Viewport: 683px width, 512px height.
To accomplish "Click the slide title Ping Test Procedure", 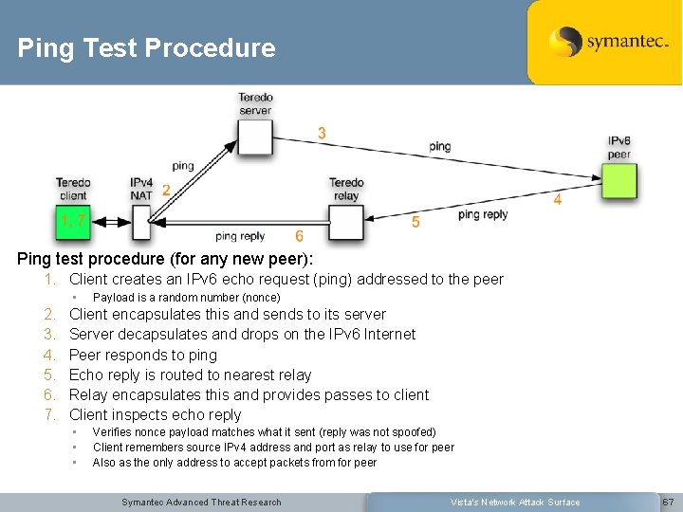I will (146, 48).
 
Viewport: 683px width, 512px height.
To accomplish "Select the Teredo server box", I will (255, 137).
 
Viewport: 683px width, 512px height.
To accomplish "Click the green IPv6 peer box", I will (619, 180).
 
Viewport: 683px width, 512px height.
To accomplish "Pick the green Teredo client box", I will (74, 221).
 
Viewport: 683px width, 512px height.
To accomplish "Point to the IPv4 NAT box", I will (142, 222).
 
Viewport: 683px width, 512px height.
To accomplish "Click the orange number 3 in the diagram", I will (323, 134).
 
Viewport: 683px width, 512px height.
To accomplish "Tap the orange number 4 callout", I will (558, 200).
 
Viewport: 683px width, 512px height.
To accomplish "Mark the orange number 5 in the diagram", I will (415, 222).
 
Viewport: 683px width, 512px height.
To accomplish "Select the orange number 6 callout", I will (299, 236).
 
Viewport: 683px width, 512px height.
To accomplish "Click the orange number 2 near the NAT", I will (166, 191).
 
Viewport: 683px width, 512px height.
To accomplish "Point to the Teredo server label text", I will (255, 103).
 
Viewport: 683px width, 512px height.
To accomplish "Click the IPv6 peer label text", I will (619, 148).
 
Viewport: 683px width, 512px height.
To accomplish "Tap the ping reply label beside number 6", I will (240, 237).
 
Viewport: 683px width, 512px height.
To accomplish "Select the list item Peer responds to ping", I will (143, 355).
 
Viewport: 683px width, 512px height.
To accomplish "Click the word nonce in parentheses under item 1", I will (257, 298).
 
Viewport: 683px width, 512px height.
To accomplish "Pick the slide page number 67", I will (667, 502).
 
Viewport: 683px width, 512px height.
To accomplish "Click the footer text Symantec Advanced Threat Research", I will (201, 502).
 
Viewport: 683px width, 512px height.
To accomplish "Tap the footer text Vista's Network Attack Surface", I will (516, 502).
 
